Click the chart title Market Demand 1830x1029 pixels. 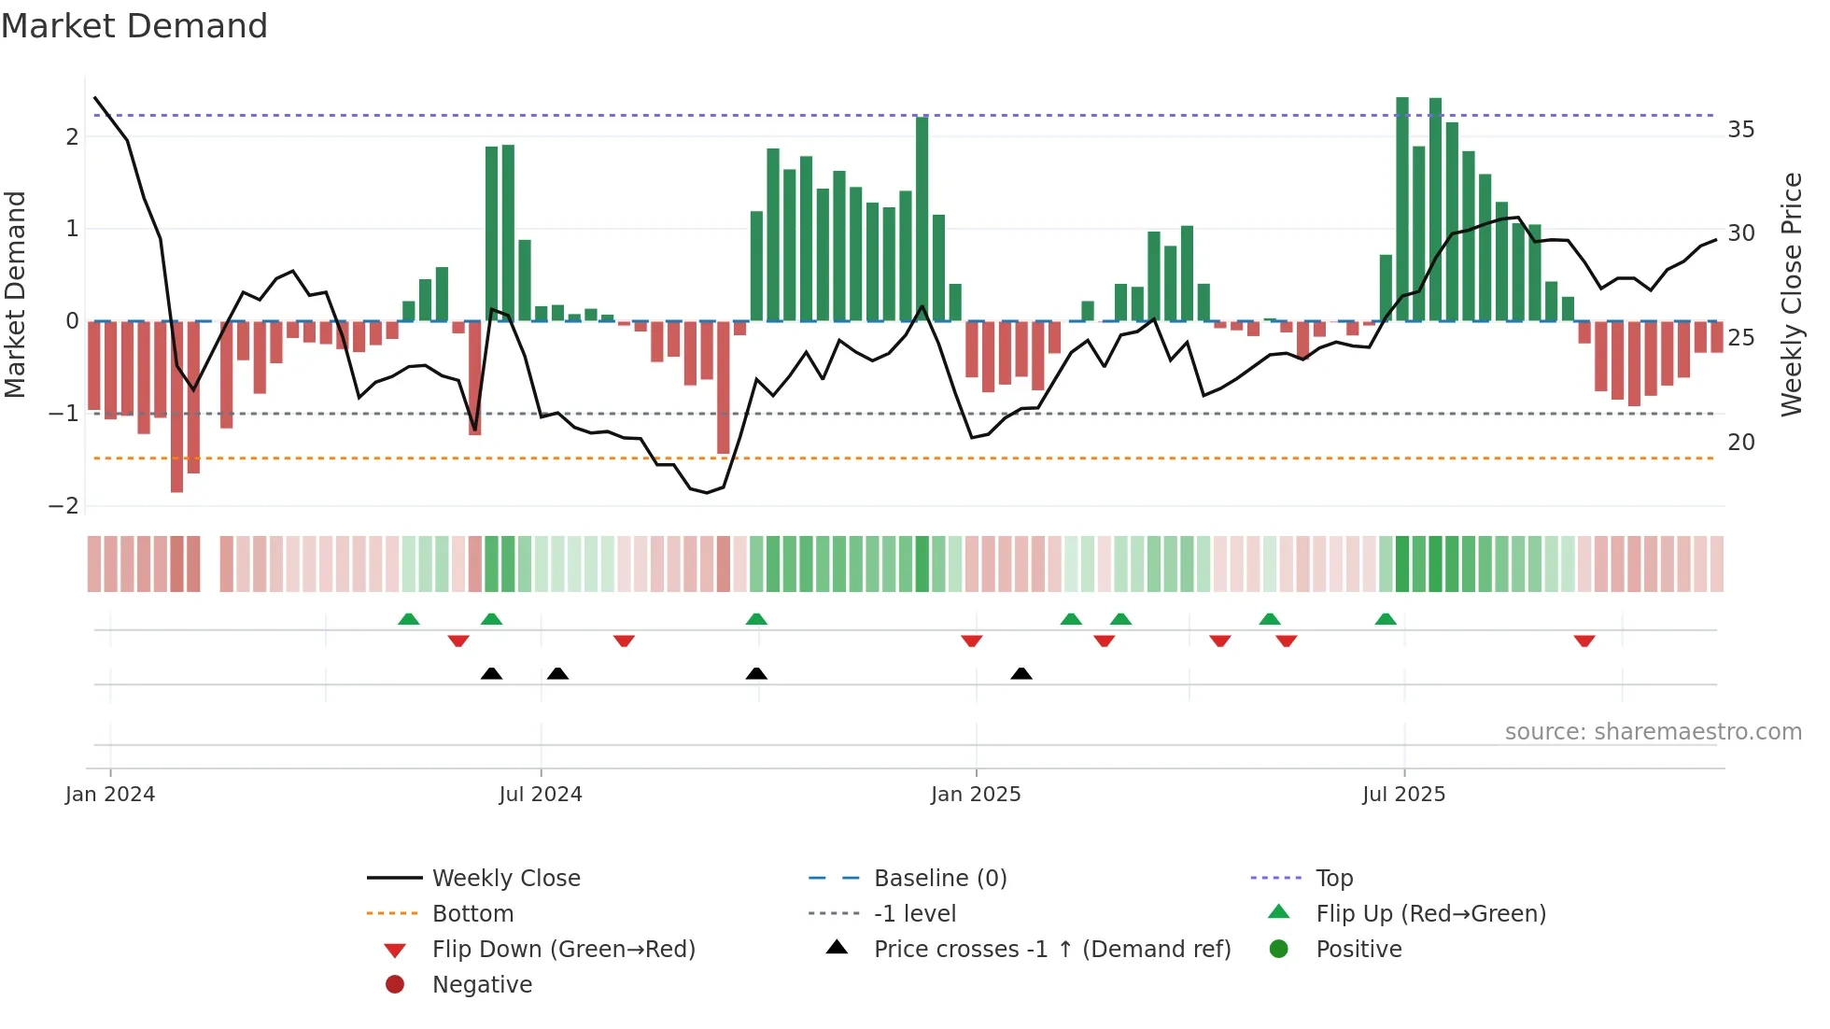coord(134,26)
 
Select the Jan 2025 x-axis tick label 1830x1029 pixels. coord(976,795)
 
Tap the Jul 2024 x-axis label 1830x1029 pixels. coord(540,795)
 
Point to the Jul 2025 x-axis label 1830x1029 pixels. coord(1403,795)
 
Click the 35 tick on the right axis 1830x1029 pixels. coord(1740,130)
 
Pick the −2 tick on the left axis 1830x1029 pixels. coord(64,506)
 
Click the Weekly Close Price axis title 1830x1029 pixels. coord(1791,294)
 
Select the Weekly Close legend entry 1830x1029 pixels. coord(505,879)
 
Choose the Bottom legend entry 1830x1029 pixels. coord(472,914)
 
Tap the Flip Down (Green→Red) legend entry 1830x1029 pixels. coord(563,950)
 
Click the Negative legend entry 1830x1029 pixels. coord(482,985)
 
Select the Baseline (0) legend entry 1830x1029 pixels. coord(939,879)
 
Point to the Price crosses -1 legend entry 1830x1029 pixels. coord(1051,950)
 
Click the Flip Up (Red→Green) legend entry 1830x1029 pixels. coord(1430,914)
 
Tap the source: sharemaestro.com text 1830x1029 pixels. coord(1653,732)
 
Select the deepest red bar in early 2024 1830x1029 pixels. coord(176,406)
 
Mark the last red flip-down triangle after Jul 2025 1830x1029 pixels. coord(1584,641)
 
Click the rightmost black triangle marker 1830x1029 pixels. coord(1021,673)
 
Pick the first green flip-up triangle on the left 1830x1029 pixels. coord(408,619)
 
